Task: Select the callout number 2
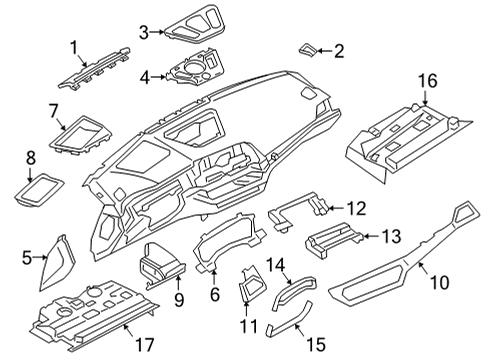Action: coord(339,50)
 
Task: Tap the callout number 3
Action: coord(144,33)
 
